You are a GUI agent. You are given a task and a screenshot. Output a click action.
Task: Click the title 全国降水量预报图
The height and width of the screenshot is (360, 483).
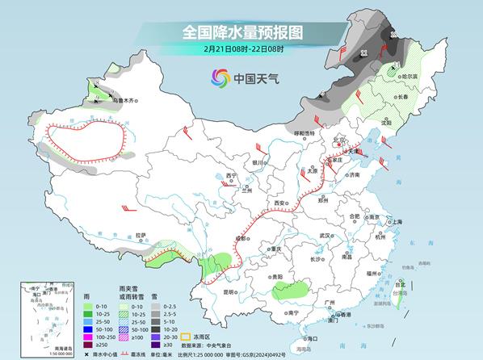[241, 32]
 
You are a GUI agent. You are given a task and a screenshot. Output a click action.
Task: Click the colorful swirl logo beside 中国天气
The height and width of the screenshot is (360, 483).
[220, 77]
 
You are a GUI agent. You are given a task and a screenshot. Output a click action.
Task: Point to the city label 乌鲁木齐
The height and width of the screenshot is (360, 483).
[125, 101]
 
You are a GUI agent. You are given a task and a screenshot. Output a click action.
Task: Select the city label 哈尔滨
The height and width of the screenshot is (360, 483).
[413, 77]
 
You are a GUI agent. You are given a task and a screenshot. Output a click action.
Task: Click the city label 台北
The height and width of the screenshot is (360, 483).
[398, 284]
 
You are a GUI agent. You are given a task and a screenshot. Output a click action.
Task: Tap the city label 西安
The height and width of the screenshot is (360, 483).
[279, 203]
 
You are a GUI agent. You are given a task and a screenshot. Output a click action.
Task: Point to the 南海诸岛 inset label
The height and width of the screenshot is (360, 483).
[39, 348]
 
